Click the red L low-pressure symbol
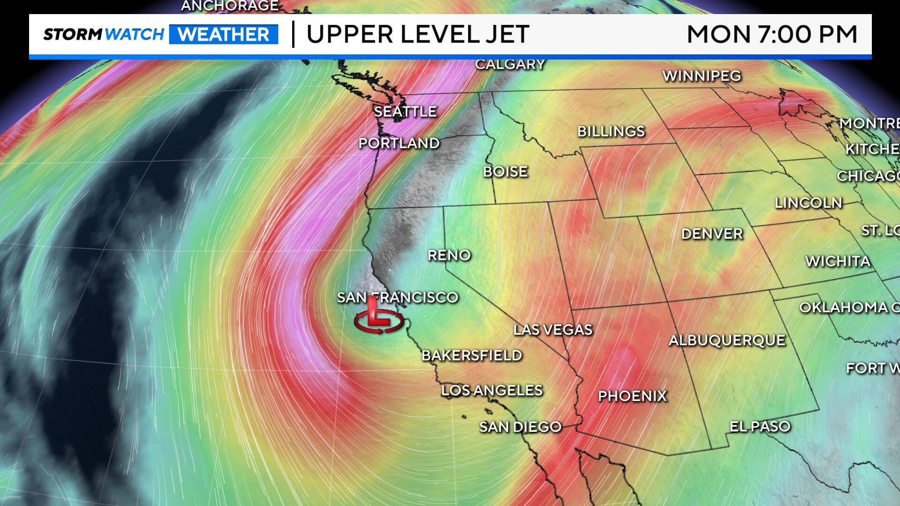pyautogui.click(x=378, y=317)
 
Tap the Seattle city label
pyautogui.click(x=405, y=112)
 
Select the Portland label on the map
pyautogui.click(x=399, y=143)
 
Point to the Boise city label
pyautogui.click(x=505, y=172)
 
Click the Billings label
pyautogui.click(x=611, y=131)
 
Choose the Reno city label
pyautogui.click(x=449, y=255)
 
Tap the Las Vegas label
pyautogui.click(x=552, y=330)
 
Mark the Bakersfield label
pyautogui.click(x=471, y=355)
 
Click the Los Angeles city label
pyautogui.click(x=492, y=390)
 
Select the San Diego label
pyautogui.click(x=520, y=427)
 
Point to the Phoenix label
pyautogui.click(x=632, y=396)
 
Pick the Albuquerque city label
pyautogui.click(x=726, y=340)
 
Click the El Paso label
pyautogui.click(x=760, y=426)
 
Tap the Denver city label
pyautogui.click(x=711, y=234)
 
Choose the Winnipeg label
pyautogui.click(x=702, y=76)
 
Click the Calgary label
pyautogui.click(x=510, y=64)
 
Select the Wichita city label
pyautogui.click(x=838, y=261)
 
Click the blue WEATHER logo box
pyautogui.click(x=224, y=34)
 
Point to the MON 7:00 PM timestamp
pyautogui.click(x=771, y=34)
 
